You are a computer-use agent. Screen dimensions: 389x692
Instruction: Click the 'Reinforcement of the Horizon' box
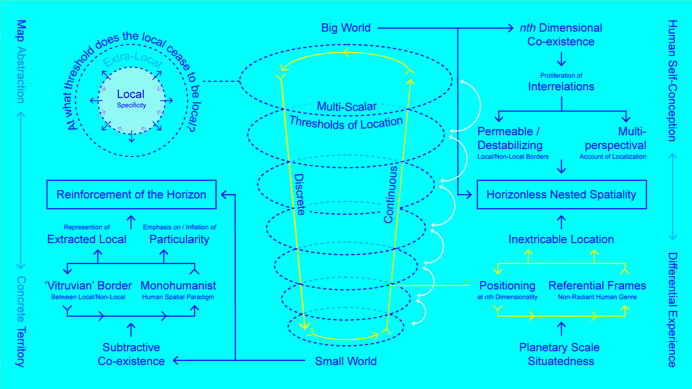pyautogui.click(x=131, y=194)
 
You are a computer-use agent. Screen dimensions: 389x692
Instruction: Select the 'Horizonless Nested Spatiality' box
pyautogui.click(x=561, y=194)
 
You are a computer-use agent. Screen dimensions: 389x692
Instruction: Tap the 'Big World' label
pyautogui.click(x=346, y=28)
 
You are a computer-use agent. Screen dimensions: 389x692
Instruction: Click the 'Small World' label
pyautogui.click(x=346, y=361)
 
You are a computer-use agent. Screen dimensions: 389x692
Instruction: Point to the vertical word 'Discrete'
pyautogui.click(x=299, y=194)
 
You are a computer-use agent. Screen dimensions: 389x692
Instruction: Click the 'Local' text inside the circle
pyautogui.click(x=131, y=94)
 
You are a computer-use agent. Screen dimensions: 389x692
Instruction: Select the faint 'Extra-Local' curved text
pyautogui.click(x=132, y=59)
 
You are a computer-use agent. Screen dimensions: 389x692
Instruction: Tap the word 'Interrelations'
pyautogui.click(x=561, y=86)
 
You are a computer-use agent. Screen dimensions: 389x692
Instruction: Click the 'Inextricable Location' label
pyautogui.click(x=561, y=239)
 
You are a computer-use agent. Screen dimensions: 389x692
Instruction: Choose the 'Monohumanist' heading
pyautogui.click(x=178, y=286)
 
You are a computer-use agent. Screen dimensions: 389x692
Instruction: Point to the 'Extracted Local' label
pyautogui.click(x=87, y=239)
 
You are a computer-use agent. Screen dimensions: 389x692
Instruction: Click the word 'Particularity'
pyautogui.click(x=179, y=239)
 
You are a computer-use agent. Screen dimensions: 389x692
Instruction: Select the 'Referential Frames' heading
pyautogui.click(x=597, y=286)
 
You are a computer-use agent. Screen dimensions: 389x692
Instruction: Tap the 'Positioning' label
pyautogui.click(x=507, y=286)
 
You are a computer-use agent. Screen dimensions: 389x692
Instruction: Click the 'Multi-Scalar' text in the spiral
pyautogui.click(x=347, y=106)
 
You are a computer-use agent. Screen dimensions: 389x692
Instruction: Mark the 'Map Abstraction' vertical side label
pyautogui.click(x=21, y=61)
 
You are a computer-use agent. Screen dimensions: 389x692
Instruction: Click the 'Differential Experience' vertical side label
pyautogui.click(x=672, y=310)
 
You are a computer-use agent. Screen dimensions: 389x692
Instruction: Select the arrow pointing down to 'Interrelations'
pyautogui.click(x=561, y=59)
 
